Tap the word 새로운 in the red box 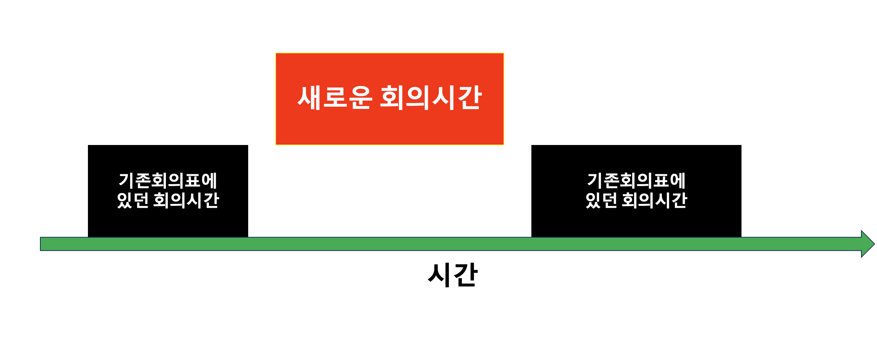tap(334, 97)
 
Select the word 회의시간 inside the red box tap(431, 97)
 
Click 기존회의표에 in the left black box tap(168, 180)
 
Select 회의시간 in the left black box tap(186, 200)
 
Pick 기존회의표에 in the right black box tap(636, 180)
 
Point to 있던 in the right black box tap(601, 200)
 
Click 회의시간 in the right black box tap(654, 200)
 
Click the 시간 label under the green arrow tap(453, 274)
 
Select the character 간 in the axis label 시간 tap(466, 274)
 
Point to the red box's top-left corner tap(276, 54)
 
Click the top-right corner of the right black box tap(741, 146)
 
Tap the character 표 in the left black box tap(192, 180)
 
